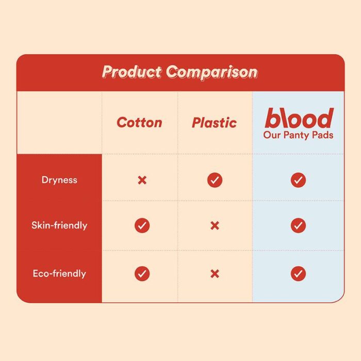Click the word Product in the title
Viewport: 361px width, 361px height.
tap(132, 72)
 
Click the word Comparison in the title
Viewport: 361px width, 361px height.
tap(212, 72)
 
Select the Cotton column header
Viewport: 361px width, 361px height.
tap(140, 122)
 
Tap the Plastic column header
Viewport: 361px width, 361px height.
tap(215, 123)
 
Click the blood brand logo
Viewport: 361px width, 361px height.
tap(299, 118)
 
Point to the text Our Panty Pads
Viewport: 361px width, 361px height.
tap(299, 135)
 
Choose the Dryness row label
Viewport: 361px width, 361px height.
tap(59, 180)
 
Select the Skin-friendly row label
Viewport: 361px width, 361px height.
tap(59, 225)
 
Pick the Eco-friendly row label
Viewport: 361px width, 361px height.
tap(59, 273)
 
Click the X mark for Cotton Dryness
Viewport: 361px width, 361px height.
tap(142, 180)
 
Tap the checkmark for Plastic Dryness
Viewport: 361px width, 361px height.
tap(215, 180)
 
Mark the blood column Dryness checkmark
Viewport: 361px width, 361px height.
tap(299, 180)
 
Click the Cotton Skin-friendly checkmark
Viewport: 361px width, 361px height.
tap(142, 225)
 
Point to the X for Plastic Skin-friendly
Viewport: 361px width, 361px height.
tap(215, 226)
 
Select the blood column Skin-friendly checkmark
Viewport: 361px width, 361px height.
tap(299, 225)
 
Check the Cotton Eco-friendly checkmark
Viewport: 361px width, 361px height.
tap(142, 273)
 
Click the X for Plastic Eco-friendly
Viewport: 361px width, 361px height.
tap(215, 274)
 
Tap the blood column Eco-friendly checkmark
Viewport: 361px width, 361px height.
tap(299, 273)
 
